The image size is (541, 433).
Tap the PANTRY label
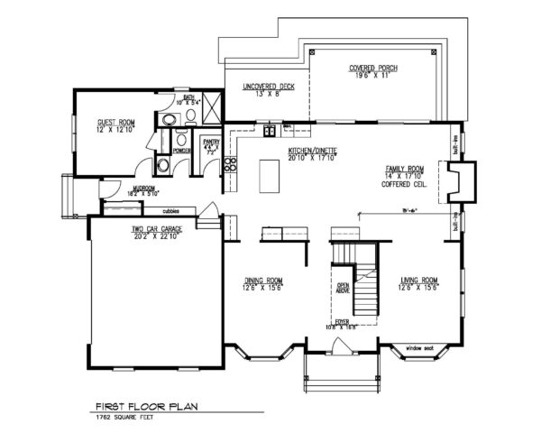(212, 142)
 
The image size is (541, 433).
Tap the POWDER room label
(180, 152)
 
